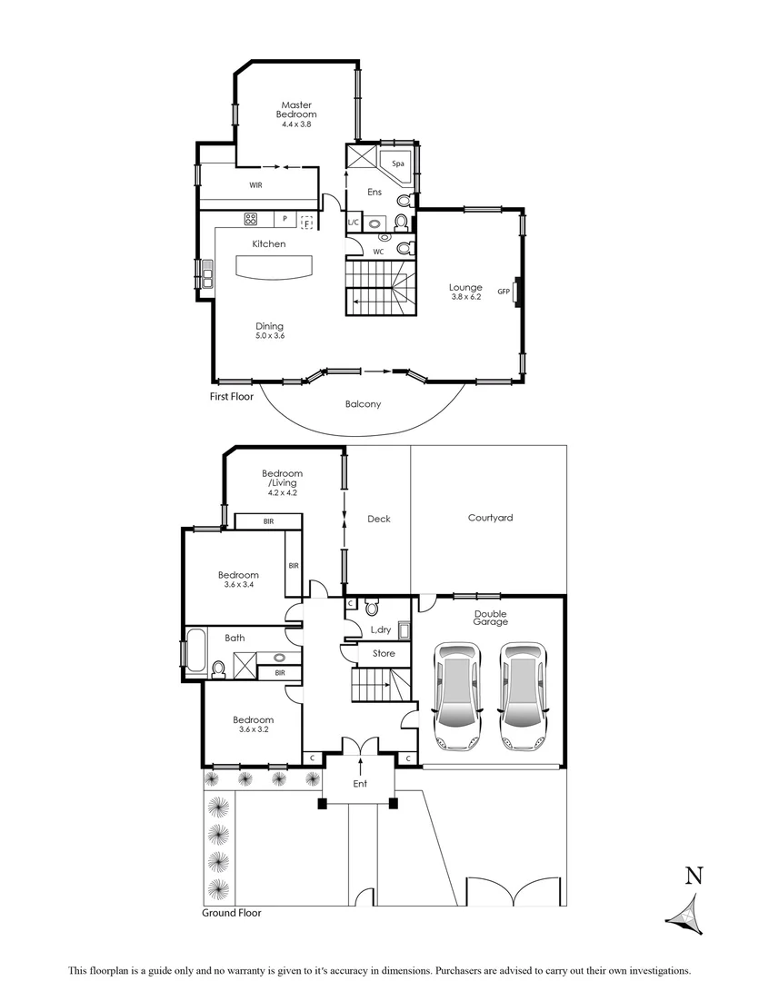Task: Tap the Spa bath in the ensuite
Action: tap(397, 166)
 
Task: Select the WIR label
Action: tap(256, 184)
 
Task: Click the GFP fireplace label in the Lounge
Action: tap(503, 292)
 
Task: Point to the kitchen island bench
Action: tap(274, 267)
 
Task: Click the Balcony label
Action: tap(363, 404)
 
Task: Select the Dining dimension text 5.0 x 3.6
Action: tap(269, 336)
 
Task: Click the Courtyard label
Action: tap(491, 518)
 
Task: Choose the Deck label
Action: tap(379, 519)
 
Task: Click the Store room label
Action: tap(384, 653)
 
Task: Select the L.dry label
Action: tap(380, 629)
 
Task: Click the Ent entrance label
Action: tap(360, 783)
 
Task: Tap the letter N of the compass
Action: tap(694, 876)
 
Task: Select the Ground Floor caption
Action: tap(232, 913)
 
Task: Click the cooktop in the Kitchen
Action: tap(252, 219)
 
